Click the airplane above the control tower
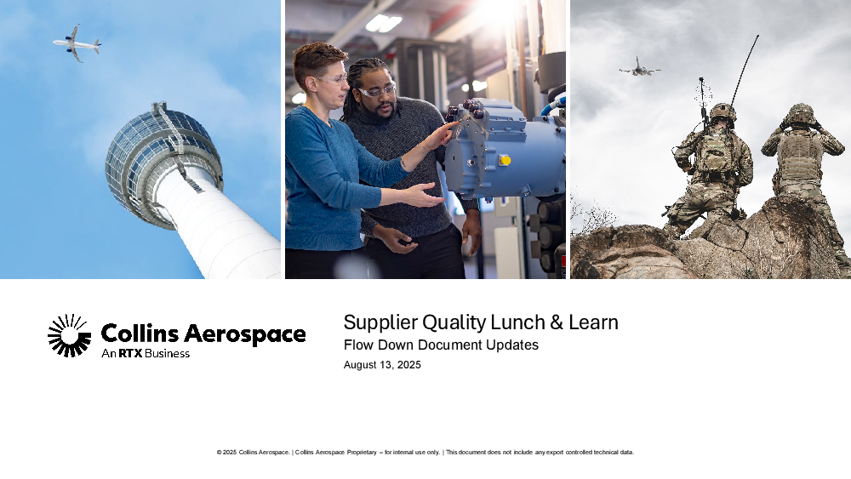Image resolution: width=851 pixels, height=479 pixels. coord(77,43)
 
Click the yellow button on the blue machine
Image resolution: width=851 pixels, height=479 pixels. coord(505,160)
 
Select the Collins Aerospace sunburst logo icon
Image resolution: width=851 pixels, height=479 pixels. coord(69,336)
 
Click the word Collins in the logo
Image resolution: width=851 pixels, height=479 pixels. coord(140,333)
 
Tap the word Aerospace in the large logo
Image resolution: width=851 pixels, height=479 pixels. coord(245,334)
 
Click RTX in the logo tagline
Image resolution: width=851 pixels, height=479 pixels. coord(131,354)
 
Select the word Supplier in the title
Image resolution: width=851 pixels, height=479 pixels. coord(380,322)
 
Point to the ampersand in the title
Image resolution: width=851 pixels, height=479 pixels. coord(557,322)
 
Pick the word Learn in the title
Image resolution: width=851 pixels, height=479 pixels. coord(593,322)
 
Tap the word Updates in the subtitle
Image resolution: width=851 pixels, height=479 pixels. coord(512,345)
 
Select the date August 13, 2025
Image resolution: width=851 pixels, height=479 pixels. coord(382,365)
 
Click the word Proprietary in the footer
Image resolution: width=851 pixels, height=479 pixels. coord(362,453)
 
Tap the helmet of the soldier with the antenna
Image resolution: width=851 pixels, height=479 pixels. coord(722,112)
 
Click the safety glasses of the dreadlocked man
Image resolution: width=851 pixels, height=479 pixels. coord(377,91)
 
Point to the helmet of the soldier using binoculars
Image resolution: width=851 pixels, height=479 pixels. coord(801,113)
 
